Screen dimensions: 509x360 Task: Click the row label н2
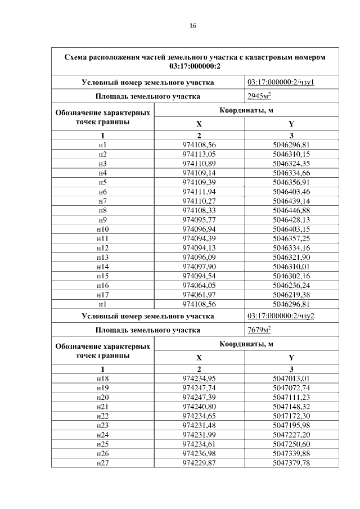[x=102, y=154]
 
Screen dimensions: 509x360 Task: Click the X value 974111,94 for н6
[x=199, y=192]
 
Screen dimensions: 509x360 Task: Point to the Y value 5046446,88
[x=291, y=209]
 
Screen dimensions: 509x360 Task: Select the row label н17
[x=102, y=295]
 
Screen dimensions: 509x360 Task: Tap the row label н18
[x=102, y=379]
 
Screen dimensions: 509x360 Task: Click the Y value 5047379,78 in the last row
[x=291, y=463]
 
